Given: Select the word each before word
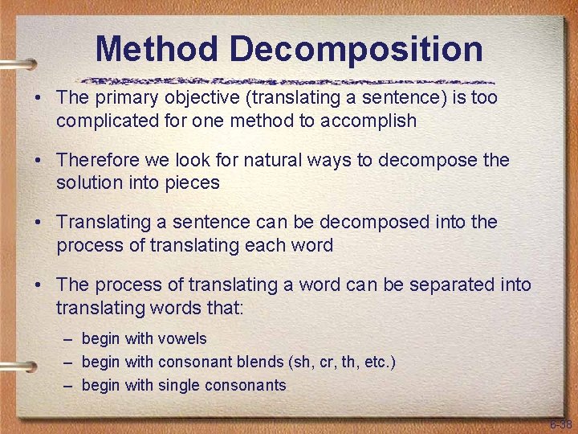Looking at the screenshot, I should (x=269, y=245).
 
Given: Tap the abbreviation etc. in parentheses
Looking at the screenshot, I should (x=377, y=362).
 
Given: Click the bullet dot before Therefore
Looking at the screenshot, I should (x=39, y=161).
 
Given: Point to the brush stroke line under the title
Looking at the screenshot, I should (x=289, y=80).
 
